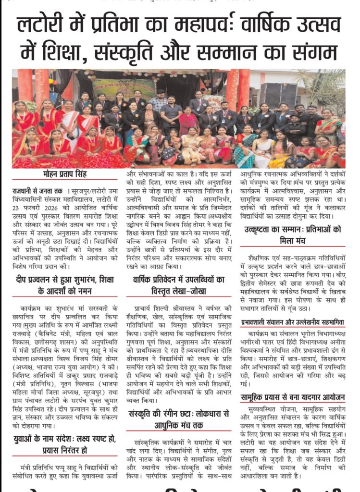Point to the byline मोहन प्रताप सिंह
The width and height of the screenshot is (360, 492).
point(63,174)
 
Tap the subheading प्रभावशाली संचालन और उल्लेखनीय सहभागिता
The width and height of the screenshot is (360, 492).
point(293,322)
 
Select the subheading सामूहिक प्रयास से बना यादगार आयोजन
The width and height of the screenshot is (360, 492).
point(293,397)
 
